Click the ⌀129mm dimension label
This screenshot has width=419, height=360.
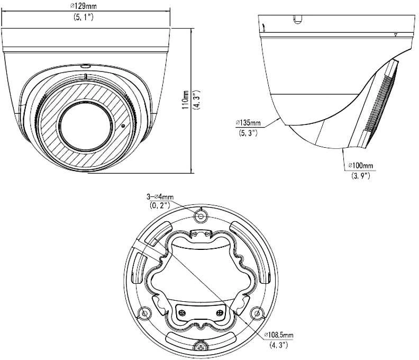83,6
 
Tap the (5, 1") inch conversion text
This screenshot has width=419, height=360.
84,17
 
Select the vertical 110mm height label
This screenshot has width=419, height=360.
185,100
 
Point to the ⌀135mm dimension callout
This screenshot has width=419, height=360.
248,123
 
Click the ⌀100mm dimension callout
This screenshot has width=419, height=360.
360,165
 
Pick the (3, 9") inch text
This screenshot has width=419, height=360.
360,176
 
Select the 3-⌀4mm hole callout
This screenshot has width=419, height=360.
160,197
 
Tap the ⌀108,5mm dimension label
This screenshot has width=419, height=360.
279,335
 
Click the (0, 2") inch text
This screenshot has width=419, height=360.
160,205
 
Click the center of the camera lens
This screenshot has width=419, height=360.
86,126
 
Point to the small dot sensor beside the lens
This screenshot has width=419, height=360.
123,125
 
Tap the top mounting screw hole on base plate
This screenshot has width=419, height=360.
201,215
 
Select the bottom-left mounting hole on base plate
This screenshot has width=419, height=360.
144,313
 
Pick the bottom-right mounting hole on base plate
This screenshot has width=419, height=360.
257,313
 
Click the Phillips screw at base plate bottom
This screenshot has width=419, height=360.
201,347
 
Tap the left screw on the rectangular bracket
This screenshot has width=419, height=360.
182,312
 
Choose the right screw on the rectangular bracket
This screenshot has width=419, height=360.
220,312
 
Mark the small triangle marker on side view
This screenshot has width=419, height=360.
396,35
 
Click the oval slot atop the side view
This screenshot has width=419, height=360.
297,19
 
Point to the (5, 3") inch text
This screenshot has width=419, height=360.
248,133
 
